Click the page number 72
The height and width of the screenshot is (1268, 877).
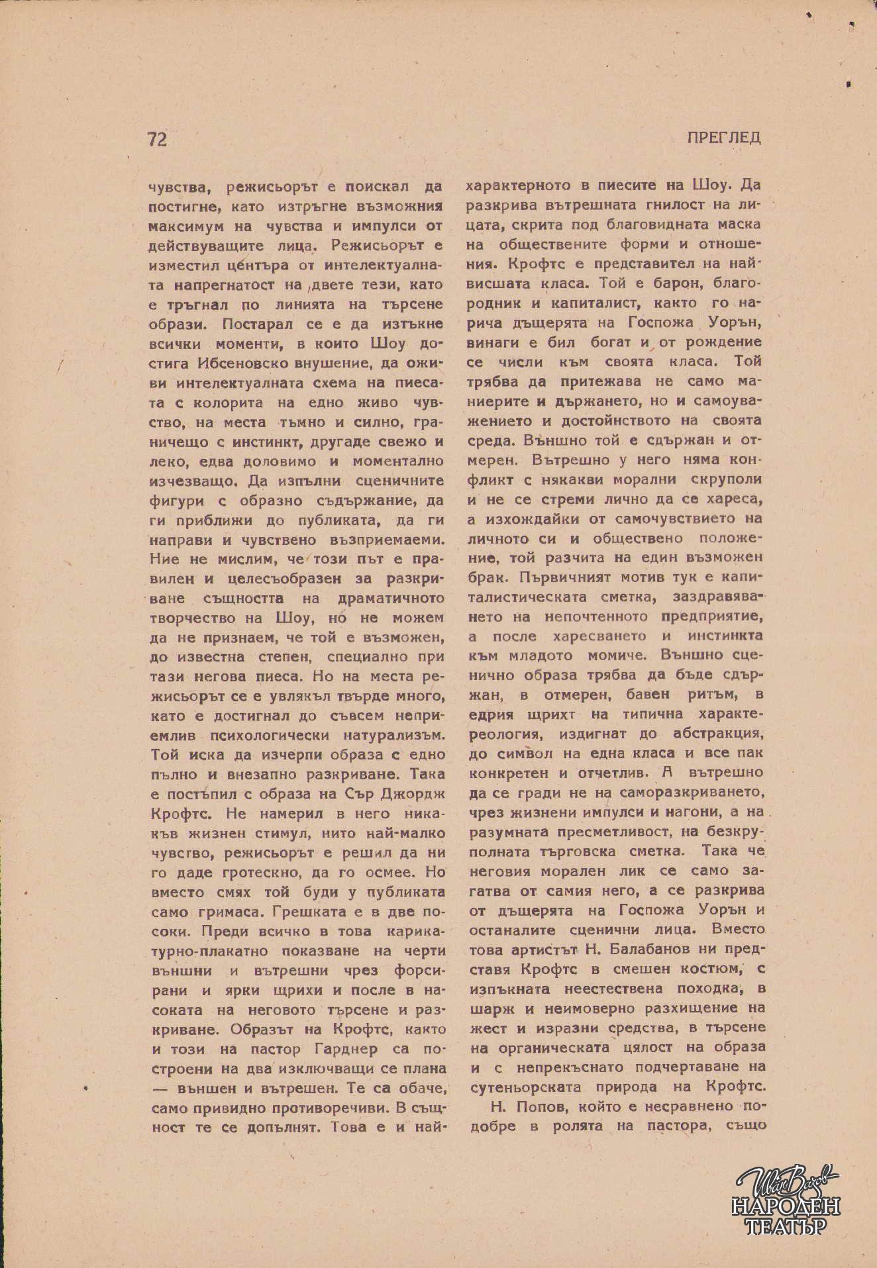pyautogui.click(x=157, y=139)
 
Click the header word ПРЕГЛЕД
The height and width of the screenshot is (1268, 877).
pyautogui.click(x=723, y=138)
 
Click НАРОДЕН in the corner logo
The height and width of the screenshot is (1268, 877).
pyautogui.click(x=786, y=1208)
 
